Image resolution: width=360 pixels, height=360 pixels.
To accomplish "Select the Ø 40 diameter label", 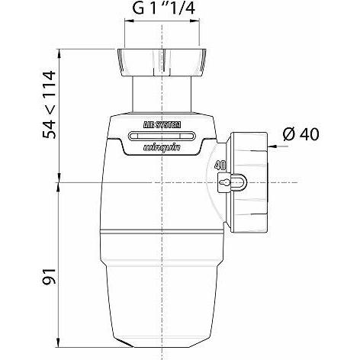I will [x=300, y=135].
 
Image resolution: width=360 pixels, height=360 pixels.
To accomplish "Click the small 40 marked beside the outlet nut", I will [x=220, y=165].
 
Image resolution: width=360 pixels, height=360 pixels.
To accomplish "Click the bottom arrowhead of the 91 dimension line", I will [x=59, y=340].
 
